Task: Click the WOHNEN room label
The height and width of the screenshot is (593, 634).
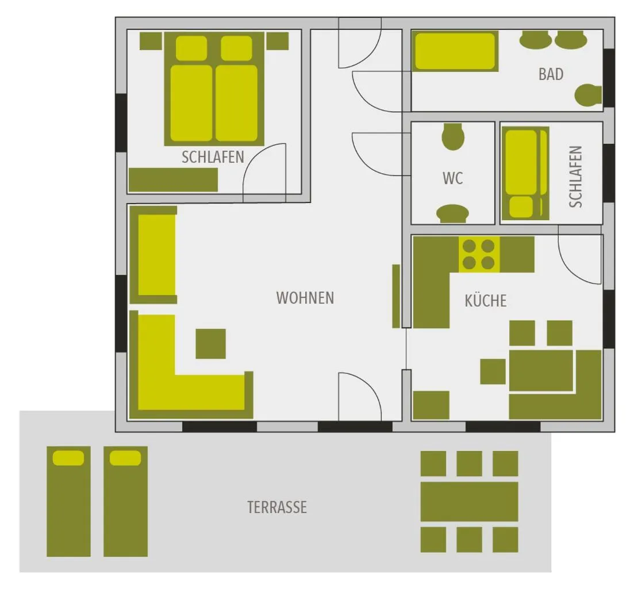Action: (305, 298)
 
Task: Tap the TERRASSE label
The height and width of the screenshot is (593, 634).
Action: (277, 507)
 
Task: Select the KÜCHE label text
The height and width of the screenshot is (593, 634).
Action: (486, 300)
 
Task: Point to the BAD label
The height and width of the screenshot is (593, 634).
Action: (551, 74)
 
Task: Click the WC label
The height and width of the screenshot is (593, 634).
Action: (452, 178)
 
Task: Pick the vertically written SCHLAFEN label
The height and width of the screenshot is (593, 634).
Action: (575, 177)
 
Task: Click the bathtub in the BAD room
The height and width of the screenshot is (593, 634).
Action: (455, 52)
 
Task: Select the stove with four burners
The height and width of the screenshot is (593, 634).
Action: (479, 254)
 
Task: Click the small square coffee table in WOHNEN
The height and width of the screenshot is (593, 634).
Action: (210, 344)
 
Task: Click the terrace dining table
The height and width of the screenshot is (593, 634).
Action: (469, 502)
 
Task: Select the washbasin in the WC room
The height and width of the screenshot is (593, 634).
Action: (452, 213)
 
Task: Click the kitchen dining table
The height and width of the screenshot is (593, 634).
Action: (541, 370)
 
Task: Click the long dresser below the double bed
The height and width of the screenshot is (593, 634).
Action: (173, 180)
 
